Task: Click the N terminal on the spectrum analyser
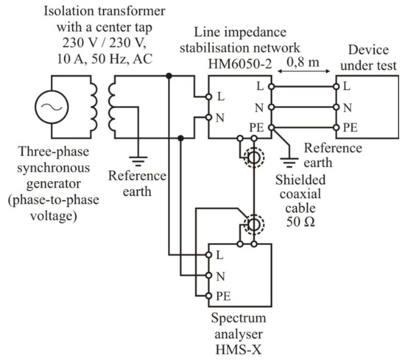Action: coord(211,275)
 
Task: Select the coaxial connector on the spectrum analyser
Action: coord(253,224)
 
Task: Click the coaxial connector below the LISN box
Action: coord(253,158)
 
